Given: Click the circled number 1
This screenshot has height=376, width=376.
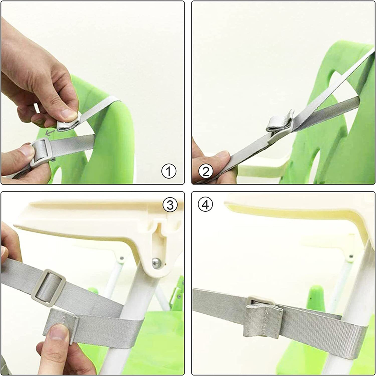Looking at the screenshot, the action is [x=169, y=171].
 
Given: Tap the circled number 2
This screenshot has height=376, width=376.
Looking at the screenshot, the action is [x=206, y=171].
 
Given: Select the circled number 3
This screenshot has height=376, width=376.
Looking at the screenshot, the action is [x=170, y=205].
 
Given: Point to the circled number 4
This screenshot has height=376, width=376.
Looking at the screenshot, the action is [x=205, y=205].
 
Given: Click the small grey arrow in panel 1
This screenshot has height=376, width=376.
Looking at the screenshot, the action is [x=50, y=133].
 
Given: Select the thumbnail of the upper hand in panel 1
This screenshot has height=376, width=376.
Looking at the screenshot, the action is [x=68, y=114].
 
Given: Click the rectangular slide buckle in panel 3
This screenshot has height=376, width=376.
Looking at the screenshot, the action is [x=49, y=288].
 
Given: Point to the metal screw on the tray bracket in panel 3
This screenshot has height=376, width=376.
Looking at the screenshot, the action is [x=156, y=263].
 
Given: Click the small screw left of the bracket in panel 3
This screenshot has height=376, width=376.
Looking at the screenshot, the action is [x=122, y=258].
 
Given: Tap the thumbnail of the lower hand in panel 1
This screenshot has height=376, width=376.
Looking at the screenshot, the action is [x=27, y=151].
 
